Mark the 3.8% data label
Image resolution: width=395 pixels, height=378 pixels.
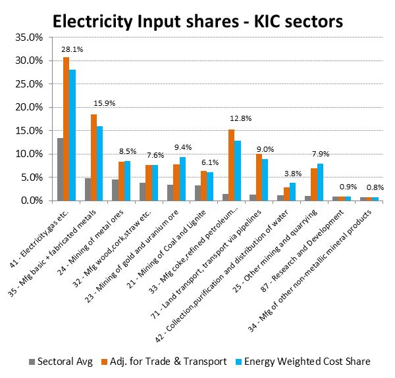coord(292,174)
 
